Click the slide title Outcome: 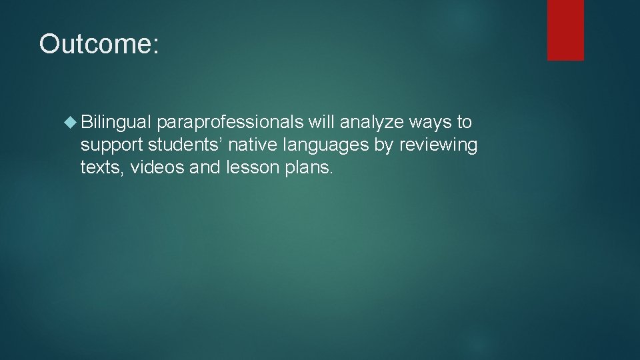click(x=99, y=44)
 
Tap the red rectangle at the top click(x=565, y=30)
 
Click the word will click(x=322, y=122)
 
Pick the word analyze click(x=372, y=123)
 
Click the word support click(x=111, y=145)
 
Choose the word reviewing click(x=438, y=145)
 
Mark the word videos click(x=157, y=167)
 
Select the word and click(x=204, y=167)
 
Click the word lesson click(x=250, y=167)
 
